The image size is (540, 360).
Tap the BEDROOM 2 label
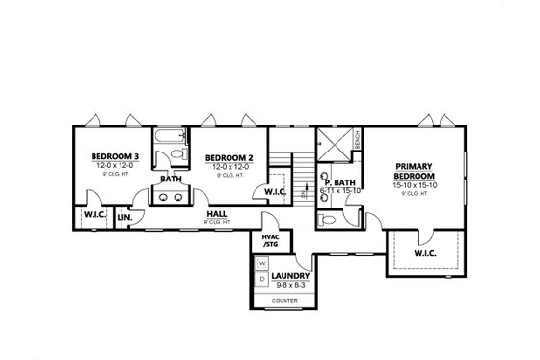tap(230, 157)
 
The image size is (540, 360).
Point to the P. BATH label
tap(338, 182)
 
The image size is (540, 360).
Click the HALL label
tap(217, 214)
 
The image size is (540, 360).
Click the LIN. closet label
tap(125, 218)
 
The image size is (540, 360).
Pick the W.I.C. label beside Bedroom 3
tap(94, 214)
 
